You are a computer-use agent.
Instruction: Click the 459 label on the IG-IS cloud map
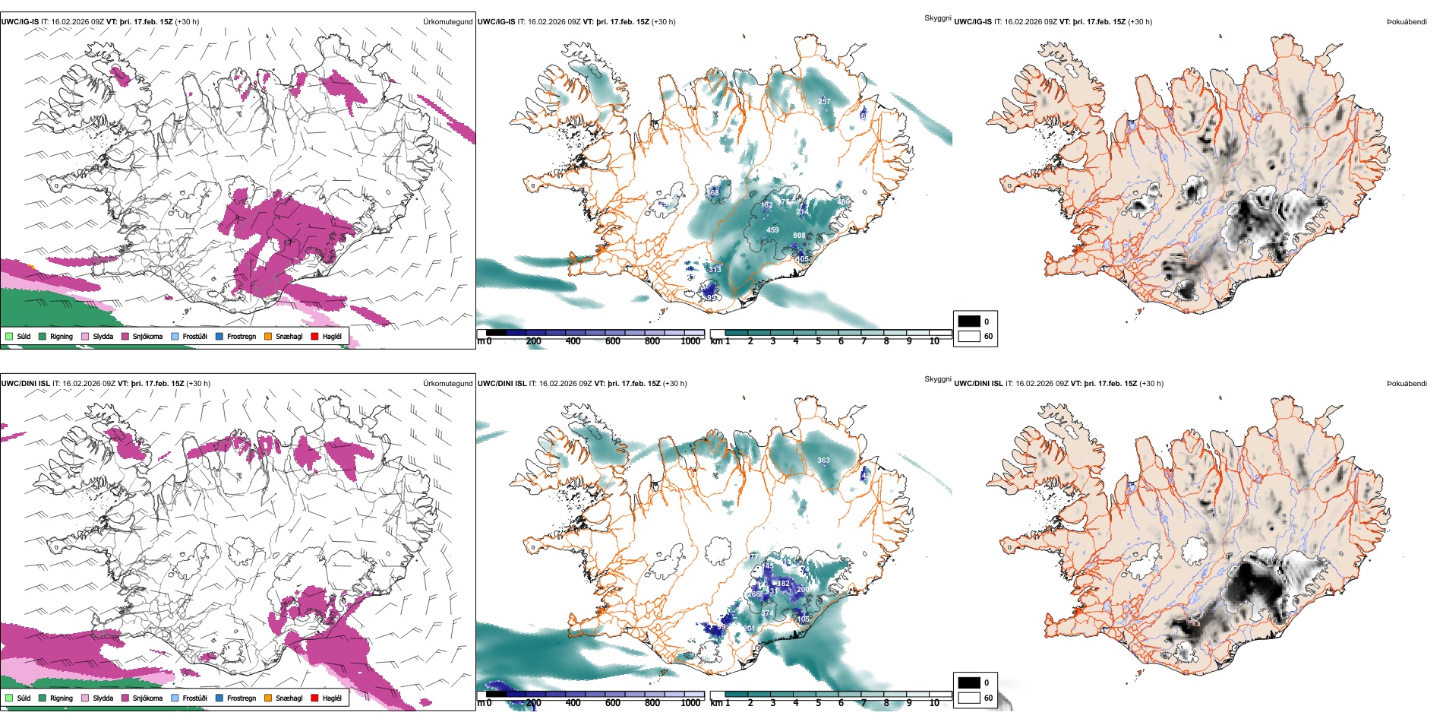point(772,230)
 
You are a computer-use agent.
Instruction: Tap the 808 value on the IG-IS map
point(799,236)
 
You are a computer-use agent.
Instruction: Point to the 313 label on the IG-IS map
point(715,269)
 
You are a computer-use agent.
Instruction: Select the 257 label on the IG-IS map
point(824,101)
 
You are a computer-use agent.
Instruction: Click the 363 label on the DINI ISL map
point(823,461)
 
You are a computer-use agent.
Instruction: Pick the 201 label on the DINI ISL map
point(749,629)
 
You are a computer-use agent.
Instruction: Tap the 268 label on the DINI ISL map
point(755,594)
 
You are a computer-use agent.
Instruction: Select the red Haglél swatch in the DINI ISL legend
point(314,698)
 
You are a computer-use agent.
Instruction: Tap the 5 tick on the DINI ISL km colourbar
point(818,703)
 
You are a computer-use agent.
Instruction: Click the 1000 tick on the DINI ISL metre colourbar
point(690,703)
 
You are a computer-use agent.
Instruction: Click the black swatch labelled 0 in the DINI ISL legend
point(968,682)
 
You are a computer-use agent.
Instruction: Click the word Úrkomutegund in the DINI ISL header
point(447,384)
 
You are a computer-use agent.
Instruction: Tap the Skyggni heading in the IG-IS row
point(937,18)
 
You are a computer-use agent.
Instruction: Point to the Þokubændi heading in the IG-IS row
point(1407,22)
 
